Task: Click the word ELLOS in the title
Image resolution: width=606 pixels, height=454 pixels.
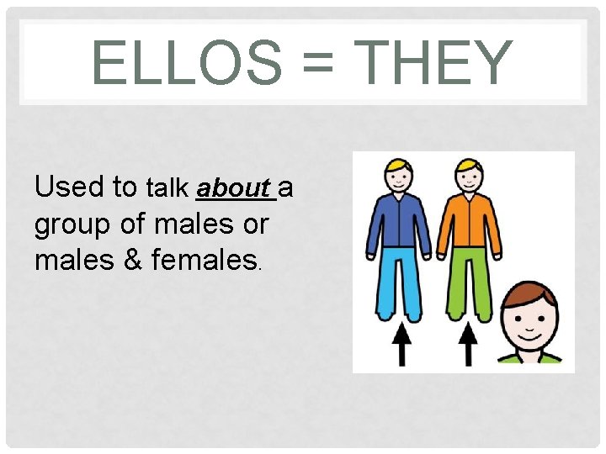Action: pos(187,64)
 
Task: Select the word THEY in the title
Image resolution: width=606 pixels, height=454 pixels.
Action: pos(434,64)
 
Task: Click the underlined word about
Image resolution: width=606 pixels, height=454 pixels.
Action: pos(235,187)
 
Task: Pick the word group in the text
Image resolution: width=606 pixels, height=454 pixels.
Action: pos(72,225)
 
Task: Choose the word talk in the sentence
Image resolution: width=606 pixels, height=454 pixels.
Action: pos(168,187)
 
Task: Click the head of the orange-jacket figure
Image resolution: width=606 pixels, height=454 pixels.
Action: pos(468,177)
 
